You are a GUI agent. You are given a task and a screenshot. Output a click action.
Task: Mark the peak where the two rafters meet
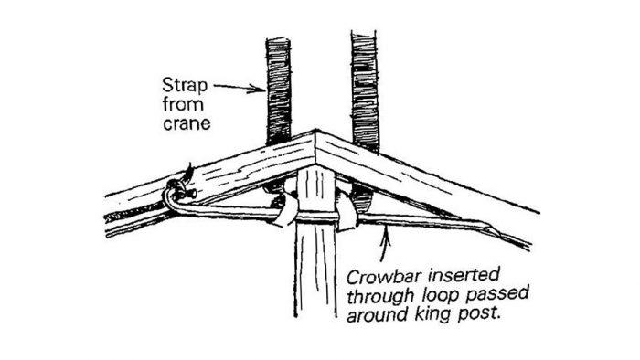[316, 136]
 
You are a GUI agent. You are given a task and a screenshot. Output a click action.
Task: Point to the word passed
[476, 294]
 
